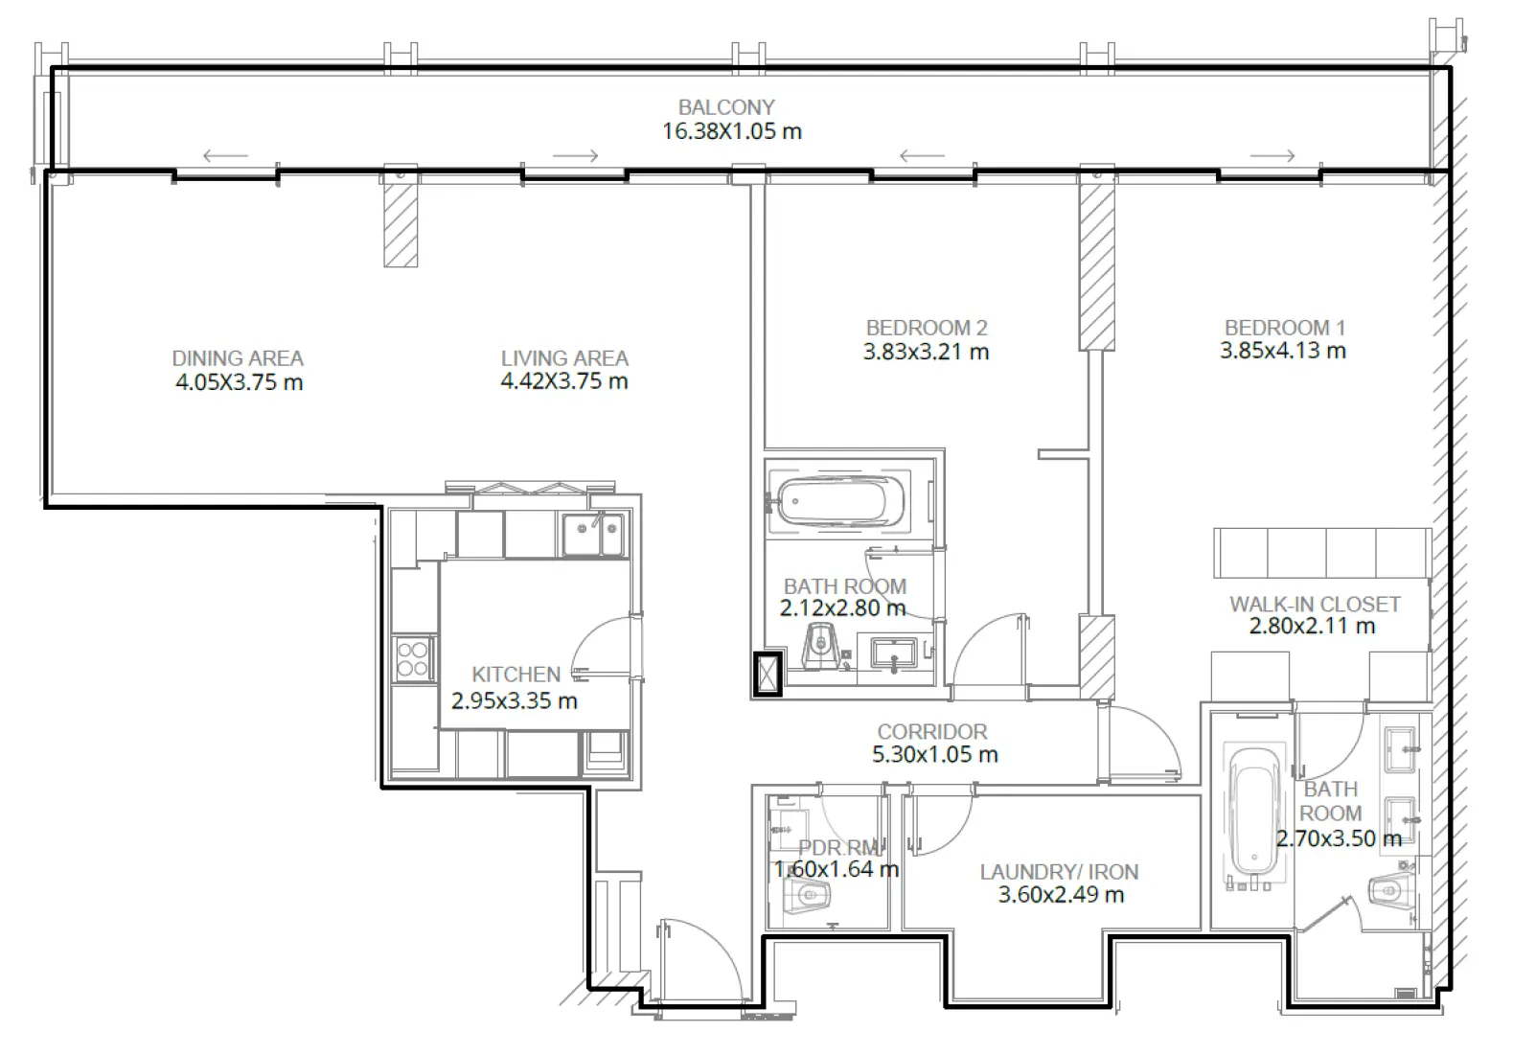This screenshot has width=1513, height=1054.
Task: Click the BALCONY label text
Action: [725, 107]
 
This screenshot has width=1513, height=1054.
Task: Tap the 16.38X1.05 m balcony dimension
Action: [731, 131]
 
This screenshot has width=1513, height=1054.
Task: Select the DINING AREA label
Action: [238, 358]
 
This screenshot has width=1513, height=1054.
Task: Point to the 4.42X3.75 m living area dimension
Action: [563, 381]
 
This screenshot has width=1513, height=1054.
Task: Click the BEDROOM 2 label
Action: [926, 328]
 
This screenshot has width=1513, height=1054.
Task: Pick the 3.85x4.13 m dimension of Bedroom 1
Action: [1282, 351]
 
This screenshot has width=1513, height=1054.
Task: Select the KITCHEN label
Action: [516, 675]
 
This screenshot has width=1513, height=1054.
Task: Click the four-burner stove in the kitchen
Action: [413, 659]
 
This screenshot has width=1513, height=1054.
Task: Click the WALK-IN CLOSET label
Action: [1314, 605]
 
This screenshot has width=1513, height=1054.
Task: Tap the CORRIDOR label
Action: [931, 732]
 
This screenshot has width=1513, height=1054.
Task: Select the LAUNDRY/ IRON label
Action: [1059, 872]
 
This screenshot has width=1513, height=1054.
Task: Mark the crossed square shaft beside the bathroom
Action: [768, 673]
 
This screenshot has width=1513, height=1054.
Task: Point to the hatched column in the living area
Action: [401, 225]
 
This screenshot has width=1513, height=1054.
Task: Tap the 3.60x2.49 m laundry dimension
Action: [1061, 895]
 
